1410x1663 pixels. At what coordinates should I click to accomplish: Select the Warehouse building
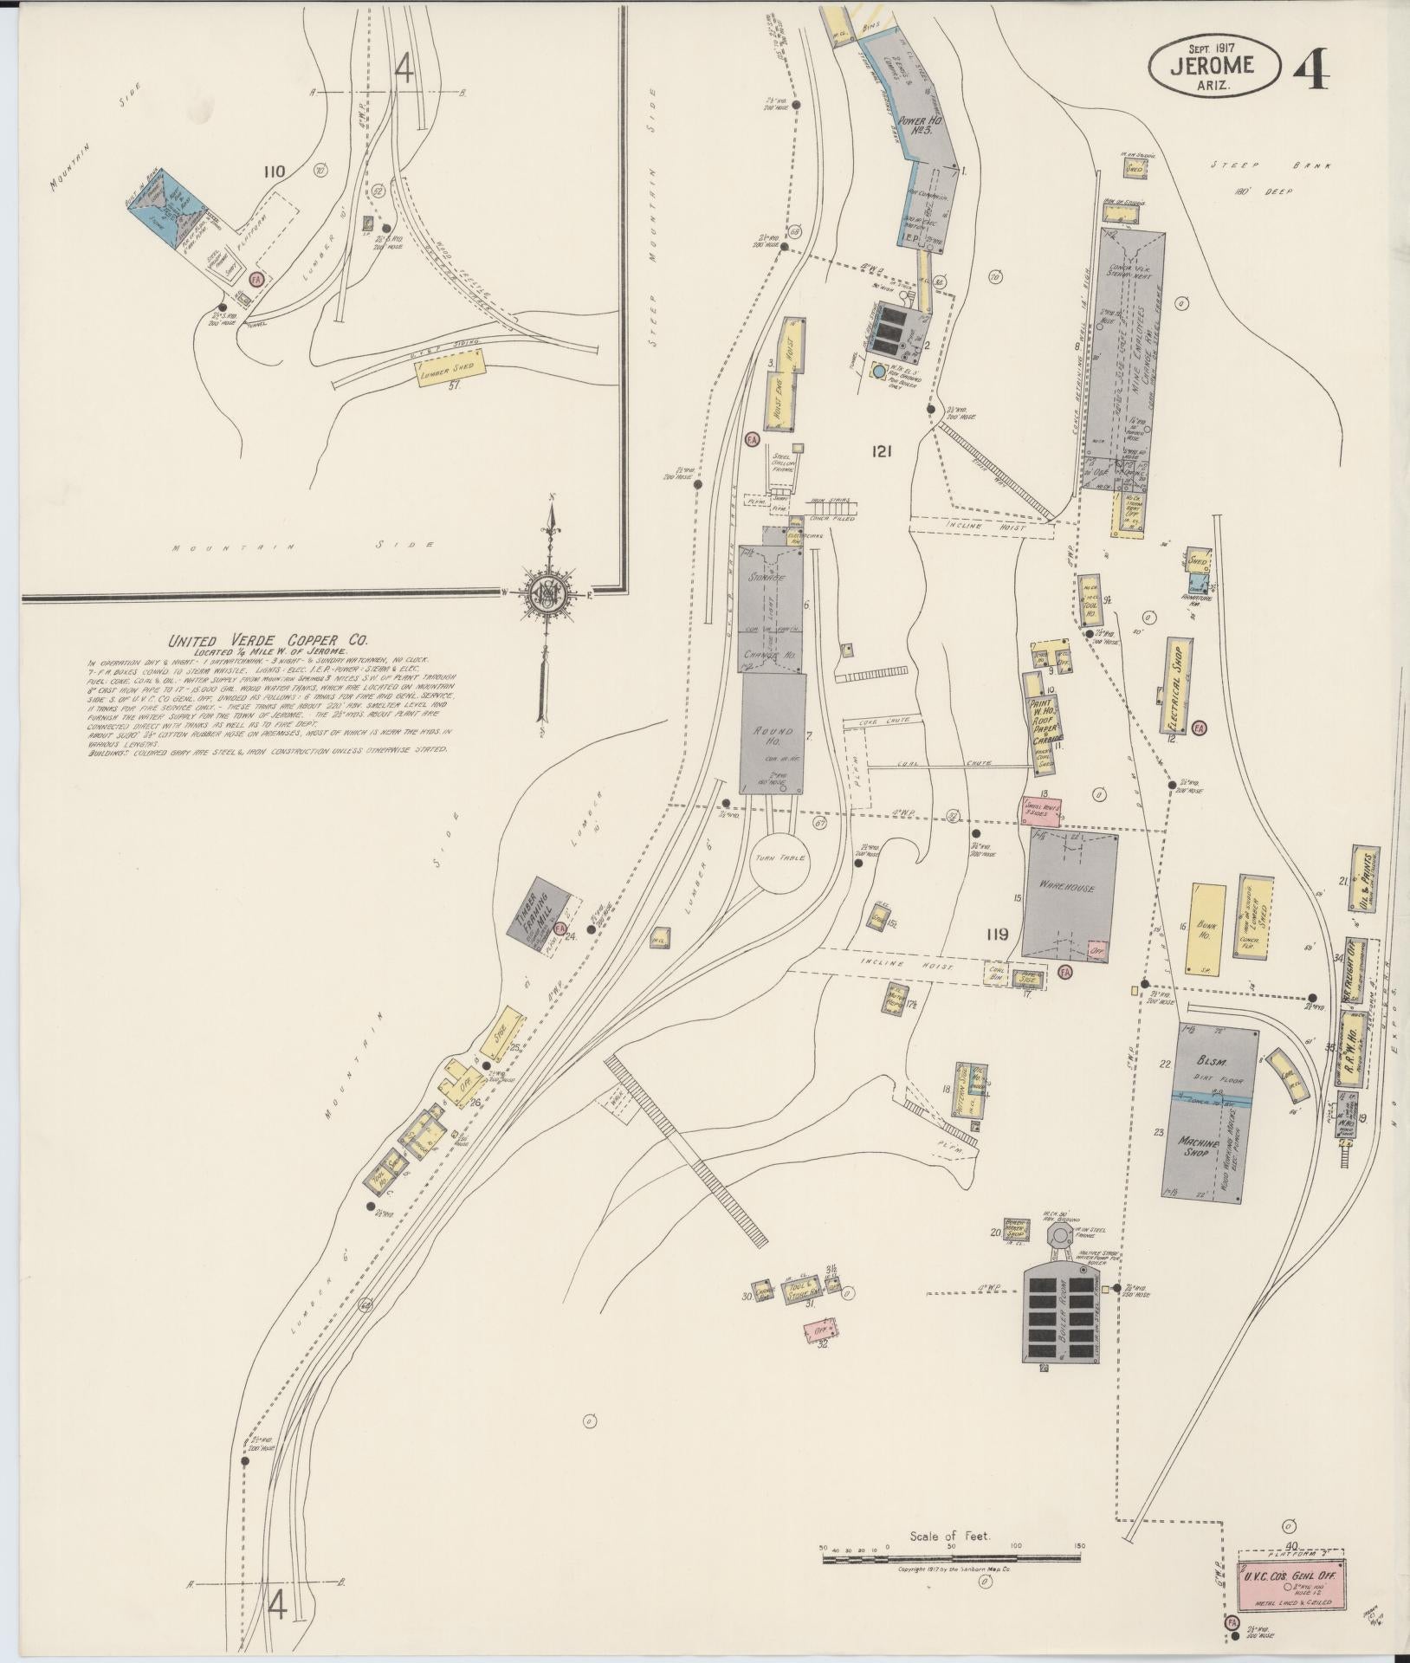[1070, 892]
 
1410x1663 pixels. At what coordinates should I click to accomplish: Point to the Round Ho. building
[773, 732]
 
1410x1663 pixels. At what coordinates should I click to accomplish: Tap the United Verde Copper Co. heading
[268, 641]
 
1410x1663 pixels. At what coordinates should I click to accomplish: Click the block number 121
[883, 450]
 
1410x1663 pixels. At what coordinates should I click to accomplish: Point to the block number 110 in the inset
[275, 171]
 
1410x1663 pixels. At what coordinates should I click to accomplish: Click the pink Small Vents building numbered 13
[1043, 809]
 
